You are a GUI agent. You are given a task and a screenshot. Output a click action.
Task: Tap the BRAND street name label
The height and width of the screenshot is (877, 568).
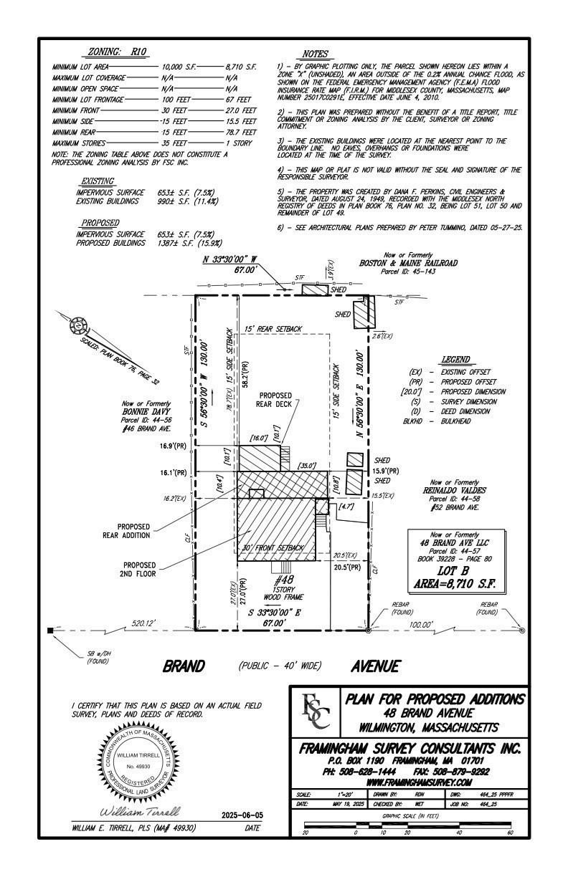[184, 666]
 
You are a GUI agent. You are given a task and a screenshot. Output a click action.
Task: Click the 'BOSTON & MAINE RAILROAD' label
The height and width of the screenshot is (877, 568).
[408, 263]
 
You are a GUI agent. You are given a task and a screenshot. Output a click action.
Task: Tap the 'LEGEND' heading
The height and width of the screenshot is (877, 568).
[456, 359]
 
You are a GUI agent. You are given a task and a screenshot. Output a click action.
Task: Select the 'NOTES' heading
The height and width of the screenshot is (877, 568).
[316, 54]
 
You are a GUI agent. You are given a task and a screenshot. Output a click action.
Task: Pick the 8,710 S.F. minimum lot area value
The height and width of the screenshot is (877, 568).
[240, 67]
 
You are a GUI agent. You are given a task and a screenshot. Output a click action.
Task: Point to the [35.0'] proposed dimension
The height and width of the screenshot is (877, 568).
[295, 466]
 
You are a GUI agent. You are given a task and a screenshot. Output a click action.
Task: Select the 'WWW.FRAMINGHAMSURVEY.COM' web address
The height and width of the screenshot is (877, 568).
[409, 782]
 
